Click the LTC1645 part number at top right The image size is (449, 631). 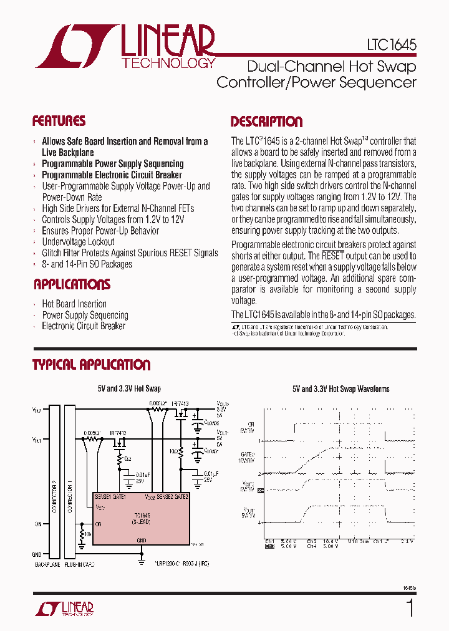click(391, 46)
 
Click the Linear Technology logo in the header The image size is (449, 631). click(125, 47)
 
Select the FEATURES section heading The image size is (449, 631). click(59, 121)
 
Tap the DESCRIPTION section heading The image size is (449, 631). click(266, 122)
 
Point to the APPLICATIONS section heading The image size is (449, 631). click(72, 285)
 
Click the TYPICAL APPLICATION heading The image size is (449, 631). click(91, 365)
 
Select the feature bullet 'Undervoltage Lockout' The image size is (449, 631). click(78, 242)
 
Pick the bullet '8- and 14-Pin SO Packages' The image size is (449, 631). click(87, 264)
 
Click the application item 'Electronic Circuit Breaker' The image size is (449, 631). click(83, 326)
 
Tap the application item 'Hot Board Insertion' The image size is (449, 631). click(74, 304)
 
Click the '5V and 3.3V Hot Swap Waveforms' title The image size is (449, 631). click(340, 389)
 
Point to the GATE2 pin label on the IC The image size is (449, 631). click(180, 496)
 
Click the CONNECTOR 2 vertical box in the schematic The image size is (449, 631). click(54, 479)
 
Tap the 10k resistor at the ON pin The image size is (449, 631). click(82, 535)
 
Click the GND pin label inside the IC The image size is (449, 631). click(142, 540)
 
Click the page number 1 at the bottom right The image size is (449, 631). click(409, 608)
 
